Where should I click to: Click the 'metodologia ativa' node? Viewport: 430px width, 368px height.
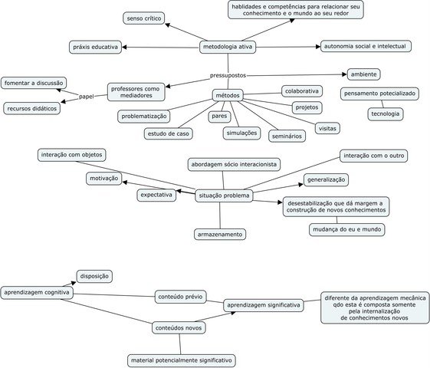pos(228,48)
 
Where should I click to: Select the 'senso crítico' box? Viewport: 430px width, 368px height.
pos(144,18)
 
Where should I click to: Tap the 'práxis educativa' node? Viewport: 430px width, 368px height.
pos(95,47)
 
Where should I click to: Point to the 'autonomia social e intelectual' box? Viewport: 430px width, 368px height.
pos(366,46)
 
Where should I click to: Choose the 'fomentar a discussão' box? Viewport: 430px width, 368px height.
pos(34,83)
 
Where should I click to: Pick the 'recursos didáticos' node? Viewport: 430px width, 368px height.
pos(32,109)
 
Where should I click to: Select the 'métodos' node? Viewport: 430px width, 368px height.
pos(227,96)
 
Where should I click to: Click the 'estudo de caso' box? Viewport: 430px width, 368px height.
pos(169,133)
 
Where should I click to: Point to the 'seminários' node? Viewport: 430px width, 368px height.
pos(287,136)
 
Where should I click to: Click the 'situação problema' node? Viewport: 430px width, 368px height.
pos(223,195)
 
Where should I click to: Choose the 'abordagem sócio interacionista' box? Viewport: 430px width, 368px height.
pos(235,164)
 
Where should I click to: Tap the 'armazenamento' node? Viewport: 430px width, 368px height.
pos(218,234)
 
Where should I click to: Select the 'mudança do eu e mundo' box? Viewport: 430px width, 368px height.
pos(347,229)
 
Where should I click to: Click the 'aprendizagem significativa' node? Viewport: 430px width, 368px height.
pos(263,305)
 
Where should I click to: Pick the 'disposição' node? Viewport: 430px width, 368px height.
pos(95,276)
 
